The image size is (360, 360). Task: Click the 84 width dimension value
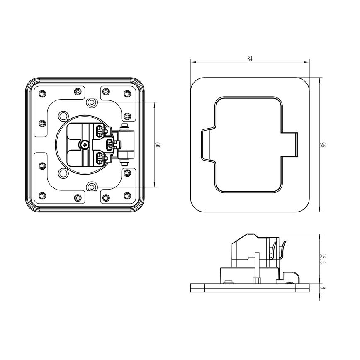pos(250,59)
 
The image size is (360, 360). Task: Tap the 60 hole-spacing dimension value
pos(158,144)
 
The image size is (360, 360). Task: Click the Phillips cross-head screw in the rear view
pos(85,145)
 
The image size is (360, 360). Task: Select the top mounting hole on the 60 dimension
pos(92,102)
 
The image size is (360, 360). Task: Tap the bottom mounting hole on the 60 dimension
pos(92,187)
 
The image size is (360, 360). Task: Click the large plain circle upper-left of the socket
pos(63,115)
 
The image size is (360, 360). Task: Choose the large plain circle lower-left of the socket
pos(63,173)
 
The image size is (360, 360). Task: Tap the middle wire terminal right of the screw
pos(111,144)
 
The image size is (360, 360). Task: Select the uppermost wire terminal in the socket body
pos(100,131)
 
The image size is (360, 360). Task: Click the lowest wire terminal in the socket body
pos(100,157)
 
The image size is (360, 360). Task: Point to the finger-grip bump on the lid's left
pos(207,145)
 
